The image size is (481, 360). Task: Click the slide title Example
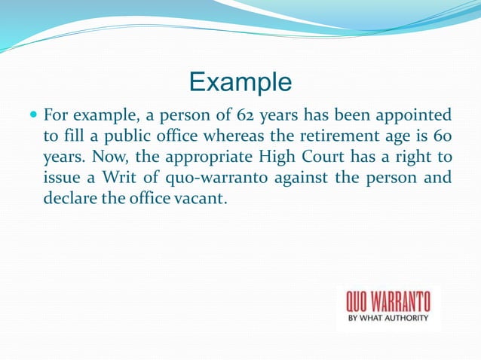pos(240,81)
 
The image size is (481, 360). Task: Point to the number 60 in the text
pos(441,137)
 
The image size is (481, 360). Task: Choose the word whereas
pos(224,137)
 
